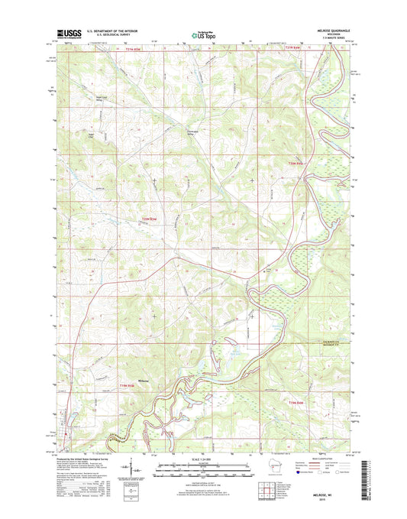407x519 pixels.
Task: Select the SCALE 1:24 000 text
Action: point(202,458)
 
